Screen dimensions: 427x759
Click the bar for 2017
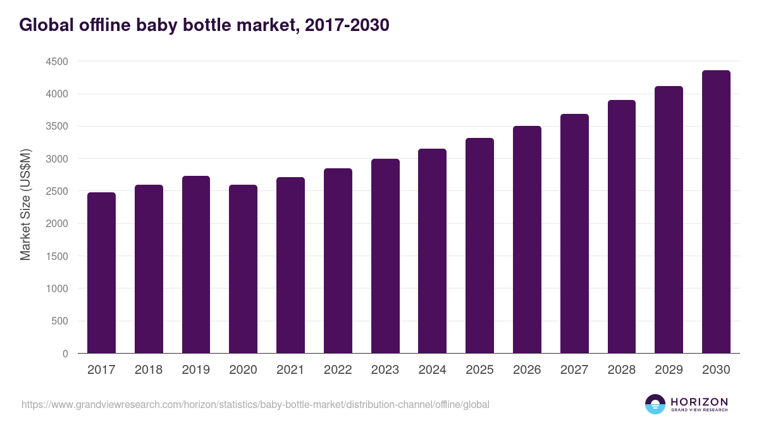tap(101, 273)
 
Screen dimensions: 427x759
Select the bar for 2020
tap(243, 269)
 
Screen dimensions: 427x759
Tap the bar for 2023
tap(385, 256)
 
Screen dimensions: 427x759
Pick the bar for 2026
tap(527, 240)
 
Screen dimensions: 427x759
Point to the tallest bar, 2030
tap(716, 212)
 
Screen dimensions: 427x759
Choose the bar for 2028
tap(622, 226)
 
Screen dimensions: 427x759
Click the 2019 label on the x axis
tap(196, 370)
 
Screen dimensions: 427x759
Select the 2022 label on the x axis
tap(338, 370)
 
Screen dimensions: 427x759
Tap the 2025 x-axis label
tap(479, 370)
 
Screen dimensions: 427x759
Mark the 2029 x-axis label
tap(669, 370)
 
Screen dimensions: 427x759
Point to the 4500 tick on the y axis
tap(56, 62)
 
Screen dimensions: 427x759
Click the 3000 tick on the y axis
tap(56, 159)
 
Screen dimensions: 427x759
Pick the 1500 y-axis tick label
tap(56, 256)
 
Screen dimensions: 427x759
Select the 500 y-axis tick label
tap(61, 321)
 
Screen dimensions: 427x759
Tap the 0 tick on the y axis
tap(65, 354)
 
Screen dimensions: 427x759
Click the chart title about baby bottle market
tap(204, 25)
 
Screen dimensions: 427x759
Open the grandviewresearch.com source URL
tap(256, 404)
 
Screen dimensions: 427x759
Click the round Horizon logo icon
tap(655, 404)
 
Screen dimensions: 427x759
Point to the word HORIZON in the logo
tap(699, 402)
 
